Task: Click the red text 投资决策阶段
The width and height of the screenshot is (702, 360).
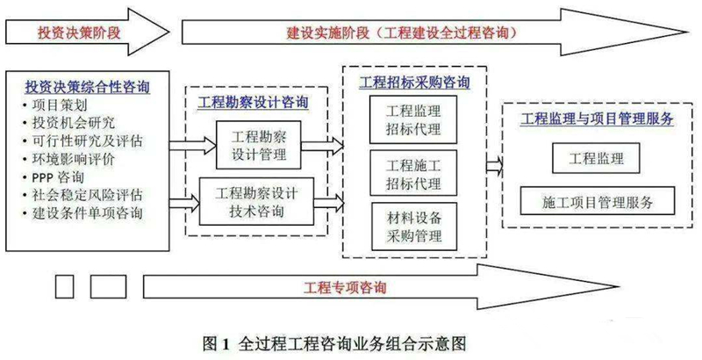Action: point(79,32)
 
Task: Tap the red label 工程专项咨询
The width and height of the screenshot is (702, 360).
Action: point(345,287)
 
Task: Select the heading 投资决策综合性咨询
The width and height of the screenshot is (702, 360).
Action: point(88,86)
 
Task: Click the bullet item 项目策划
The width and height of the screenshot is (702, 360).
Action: point(60,105)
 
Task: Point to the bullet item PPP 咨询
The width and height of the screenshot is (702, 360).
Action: point(58,177)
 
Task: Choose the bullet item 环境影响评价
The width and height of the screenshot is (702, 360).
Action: point(74,159)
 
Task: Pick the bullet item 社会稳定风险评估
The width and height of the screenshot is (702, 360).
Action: point(87,195)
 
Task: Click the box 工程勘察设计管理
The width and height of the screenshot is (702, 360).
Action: point(259,145)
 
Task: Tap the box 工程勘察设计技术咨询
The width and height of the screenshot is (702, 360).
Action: point(256,201)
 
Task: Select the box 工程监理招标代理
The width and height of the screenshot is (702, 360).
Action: point(413,119)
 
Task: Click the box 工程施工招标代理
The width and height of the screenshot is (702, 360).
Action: point(413,173)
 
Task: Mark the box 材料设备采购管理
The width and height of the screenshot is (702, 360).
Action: point(414,227)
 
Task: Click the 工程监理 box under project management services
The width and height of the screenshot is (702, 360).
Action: point(596,158)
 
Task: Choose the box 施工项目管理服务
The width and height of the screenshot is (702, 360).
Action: point(598,201)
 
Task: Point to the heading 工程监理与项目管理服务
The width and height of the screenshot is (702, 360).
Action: point(597,119)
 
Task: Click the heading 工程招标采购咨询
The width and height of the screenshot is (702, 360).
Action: point(414,82)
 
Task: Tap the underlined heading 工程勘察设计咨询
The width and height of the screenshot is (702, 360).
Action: point(254,102)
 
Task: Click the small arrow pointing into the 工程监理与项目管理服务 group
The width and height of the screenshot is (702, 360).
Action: point(494,166)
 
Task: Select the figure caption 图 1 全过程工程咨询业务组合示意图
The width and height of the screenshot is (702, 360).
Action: point(334,344)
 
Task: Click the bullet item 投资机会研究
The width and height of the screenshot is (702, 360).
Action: point(74,123)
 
